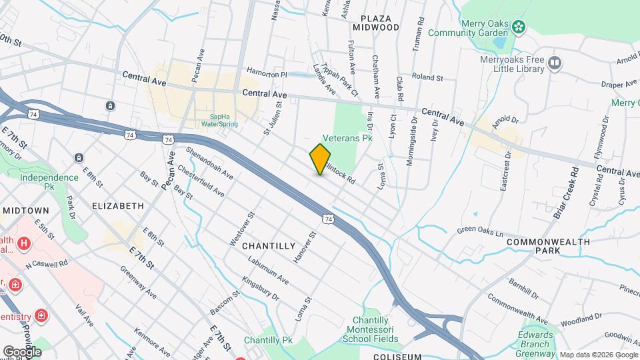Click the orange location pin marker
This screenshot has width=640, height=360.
[320, 159]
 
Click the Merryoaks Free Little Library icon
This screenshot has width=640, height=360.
[555, 64]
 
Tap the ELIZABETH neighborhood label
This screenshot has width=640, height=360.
[118, 206]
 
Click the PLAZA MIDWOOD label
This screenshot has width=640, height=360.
[379, 23]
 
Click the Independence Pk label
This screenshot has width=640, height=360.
[49, 183]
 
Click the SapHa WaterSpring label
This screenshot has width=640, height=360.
[219, 120]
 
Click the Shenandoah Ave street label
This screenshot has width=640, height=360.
[209, 163]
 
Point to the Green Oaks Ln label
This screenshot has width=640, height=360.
[480, 231]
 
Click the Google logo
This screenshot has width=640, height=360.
[22, 351]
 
